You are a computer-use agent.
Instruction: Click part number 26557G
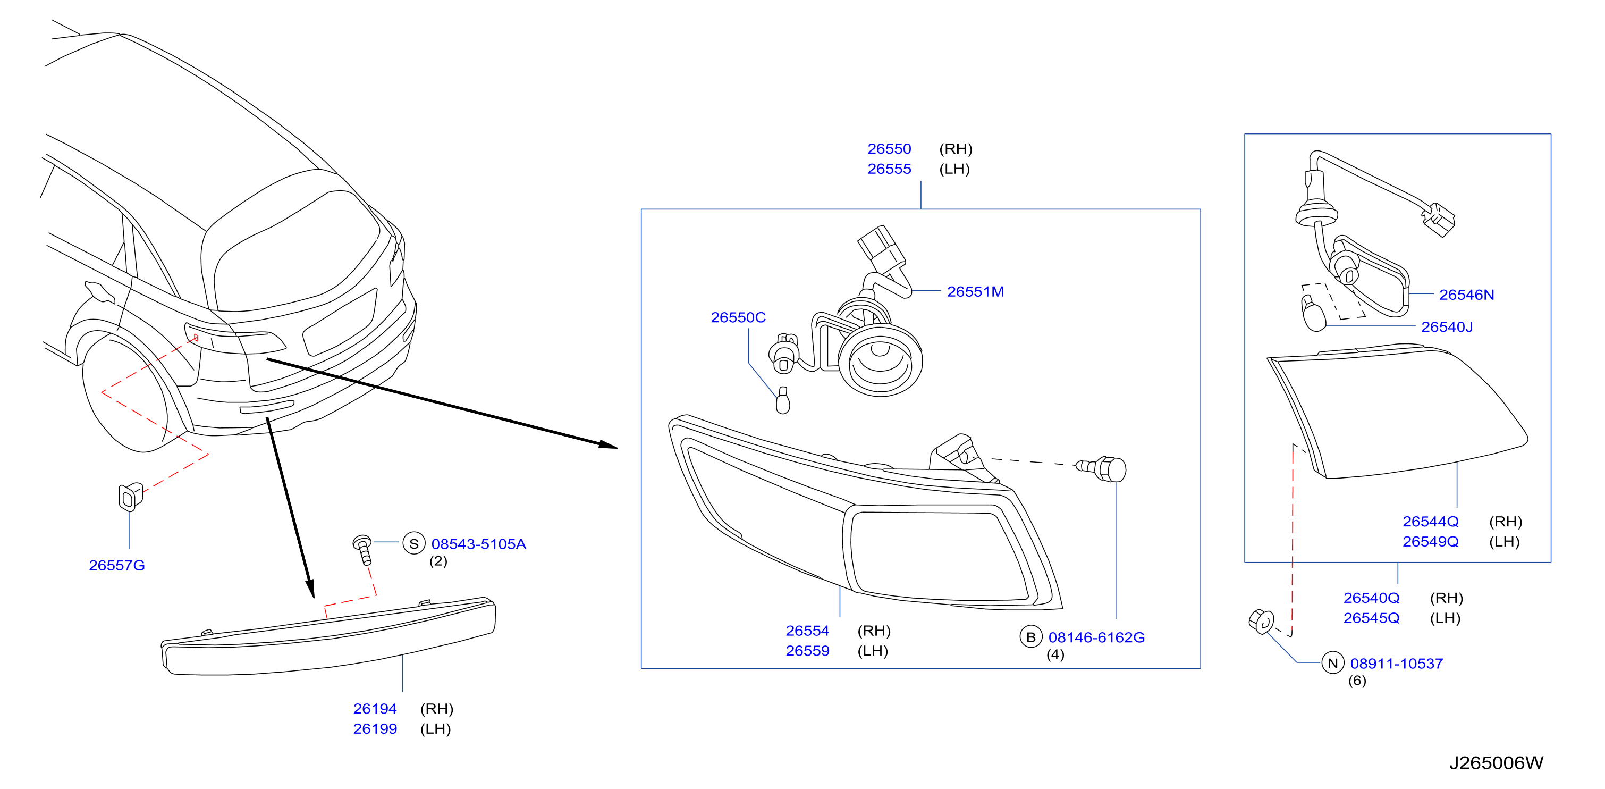click(116, 565)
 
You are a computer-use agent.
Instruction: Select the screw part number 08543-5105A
click(478, 544)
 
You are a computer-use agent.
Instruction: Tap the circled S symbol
click(413, 543)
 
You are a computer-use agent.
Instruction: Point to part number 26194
click(375, 709)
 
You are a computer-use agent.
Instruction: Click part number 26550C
click(738, 317)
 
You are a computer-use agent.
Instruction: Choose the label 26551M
click(975, 292)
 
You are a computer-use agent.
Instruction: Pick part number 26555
click(889, 169)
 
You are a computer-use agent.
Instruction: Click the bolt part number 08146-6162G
click(1096, 637)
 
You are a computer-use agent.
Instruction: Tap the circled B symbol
click(1031, 637)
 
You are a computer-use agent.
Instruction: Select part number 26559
click(807, 651)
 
